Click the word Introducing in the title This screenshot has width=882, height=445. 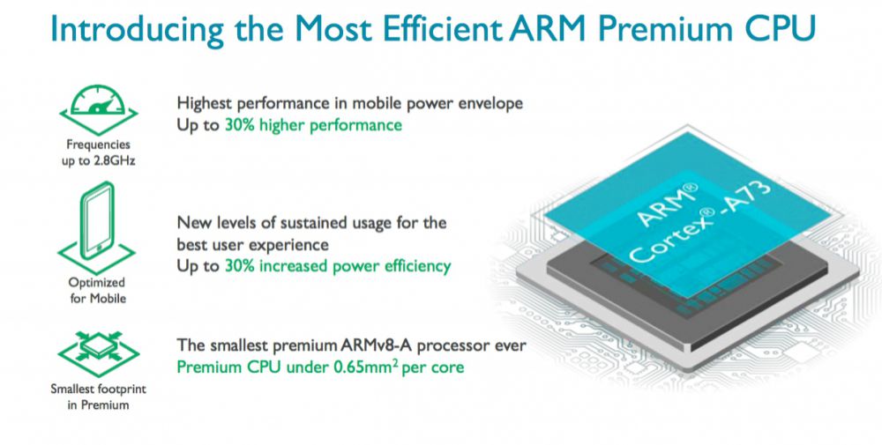tap(138, 29)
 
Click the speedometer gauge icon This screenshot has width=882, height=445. tap(99, 109)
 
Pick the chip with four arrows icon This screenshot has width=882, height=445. tap(99, 352)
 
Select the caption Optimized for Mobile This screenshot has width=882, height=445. tap(97, 290)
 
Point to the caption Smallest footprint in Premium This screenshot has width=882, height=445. tap(99, 397)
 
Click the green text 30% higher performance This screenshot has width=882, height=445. tap(313, 125)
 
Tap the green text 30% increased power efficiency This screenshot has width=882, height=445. tap(338, 266)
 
